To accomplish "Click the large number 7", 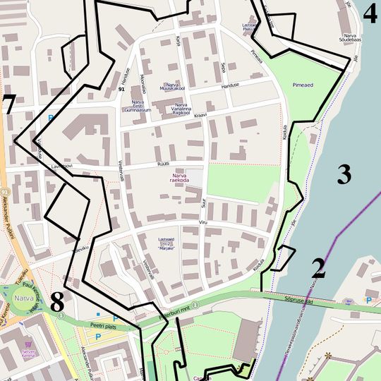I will [8, 104].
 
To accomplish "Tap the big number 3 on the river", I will [344, 174].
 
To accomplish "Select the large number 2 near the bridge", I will [318, 268].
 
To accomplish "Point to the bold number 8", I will [57, 302].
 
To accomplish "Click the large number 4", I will [370, 14].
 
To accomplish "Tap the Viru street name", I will [203, 223].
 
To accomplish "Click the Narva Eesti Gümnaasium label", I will [136, 106].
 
